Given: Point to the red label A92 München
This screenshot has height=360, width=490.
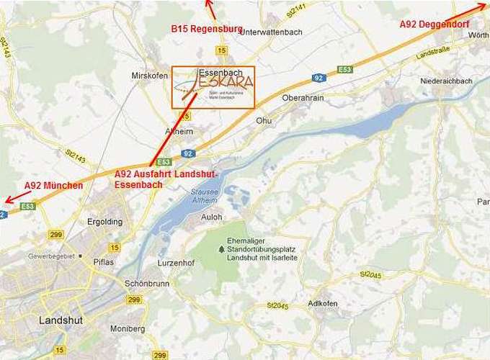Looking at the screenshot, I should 53,186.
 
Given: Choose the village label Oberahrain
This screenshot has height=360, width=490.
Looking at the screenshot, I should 303,97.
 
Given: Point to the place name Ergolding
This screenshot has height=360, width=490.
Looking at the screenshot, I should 104,222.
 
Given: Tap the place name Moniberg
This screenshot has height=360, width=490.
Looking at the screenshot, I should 128,329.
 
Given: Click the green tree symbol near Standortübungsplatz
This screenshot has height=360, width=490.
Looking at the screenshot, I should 221,249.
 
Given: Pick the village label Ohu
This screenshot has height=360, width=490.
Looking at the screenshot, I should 264,121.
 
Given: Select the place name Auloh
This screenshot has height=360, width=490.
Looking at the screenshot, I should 212,217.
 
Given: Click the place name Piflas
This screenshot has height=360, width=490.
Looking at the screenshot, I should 104,262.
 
